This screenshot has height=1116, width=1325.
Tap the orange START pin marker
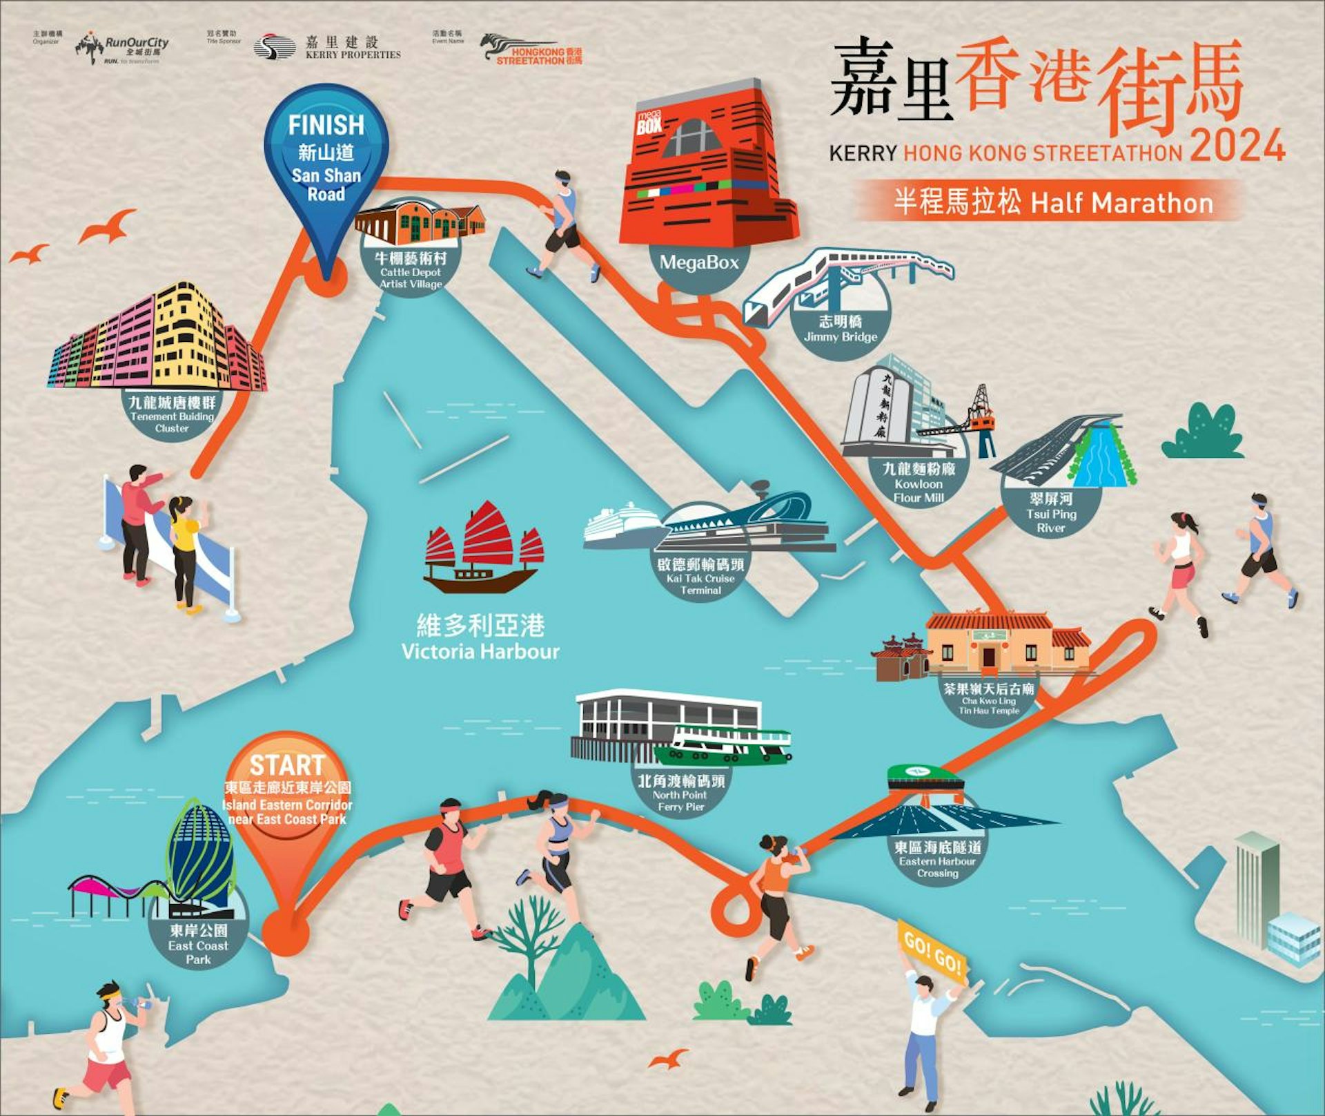pyautogui.click(x=286, y=794)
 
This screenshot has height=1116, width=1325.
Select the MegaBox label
pyautogui.click(x=698, y=262)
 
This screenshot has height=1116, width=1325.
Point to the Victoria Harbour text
pyautogui.click(x=480, y=638)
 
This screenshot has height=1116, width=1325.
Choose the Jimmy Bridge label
pyautogui.click(x=840, y=329)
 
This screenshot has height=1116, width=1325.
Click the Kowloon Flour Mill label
pyautogui.click(x=919, y=483)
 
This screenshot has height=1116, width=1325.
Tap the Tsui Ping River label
pyautogui.click(x=1051, y=513)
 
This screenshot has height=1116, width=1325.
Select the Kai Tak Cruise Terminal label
pyautogui.click(x=700, y=577)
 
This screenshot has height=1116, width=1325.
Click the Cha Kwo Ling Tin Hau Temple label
pyautogui.click(x=989, y=698)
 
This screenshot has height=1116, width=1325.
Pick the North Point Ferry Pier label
pyautogui.click(x=681, y=793)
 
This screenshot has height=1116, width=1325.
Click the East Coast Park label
pyautogui.click(x=198, y=944)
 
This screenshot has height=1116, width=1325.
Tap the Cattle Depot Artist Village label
pyautogui.click(x=411, y=270)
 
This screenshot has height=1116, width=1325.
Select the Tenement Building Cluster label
pyautogui.click(x=172, y=414)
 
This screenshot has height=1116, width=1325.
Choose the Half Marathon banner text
pyautogui.click(x=1052, y=203)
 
